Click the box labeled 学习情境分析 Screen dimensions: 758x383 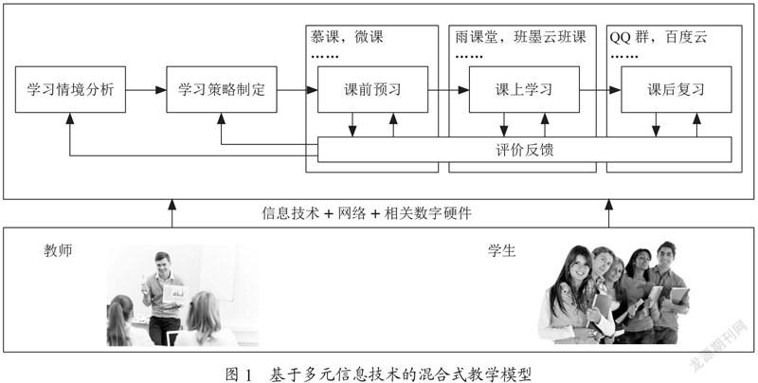(70, 89)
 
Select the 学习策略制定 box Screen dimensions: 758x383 (222, 89)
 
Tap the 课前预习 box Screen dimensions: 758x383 (372, 89)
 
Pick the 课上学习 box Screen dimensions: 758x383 (524, 89)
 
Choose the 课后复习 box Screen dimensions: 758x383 (677, 89)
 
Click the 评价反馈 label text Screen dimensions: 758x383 (525, 150)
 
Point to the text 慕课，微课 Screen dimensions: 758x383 (347, 37)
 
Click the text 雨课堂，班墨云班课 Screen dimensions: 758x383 (520, 37)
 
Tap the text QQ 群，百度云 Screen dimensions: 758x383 (658, 37)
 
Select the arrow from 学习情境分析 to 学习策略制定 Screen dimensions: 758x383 (146, 89)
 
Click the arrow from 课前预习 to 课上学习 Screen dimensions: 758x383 (448, 89)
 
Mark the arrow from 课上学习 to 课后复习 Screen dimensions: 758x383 (600, 89)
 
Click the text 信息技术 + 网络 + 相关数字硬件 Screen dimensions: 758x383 (367, 213)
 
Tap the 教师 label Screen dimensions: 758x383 (58, 251)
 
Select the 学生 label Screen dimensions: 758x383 (501, 251)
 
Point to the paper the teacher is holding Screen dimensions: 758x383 (174, 293)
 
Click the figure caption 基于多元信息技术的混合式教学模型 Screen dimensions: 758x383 (400, 374)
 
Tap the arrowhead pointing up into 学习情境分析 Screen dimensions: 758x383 (70, 118)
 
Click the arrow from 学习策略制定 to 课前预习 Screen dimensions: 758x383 (298, 89)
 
